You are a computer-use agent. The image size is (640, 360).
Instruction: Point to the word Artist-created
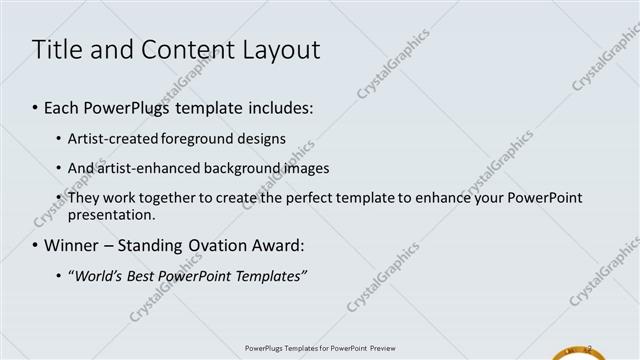click(107, 139)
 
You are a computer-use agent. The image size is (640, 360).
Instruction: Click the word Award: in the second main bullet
click(276, 245)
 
